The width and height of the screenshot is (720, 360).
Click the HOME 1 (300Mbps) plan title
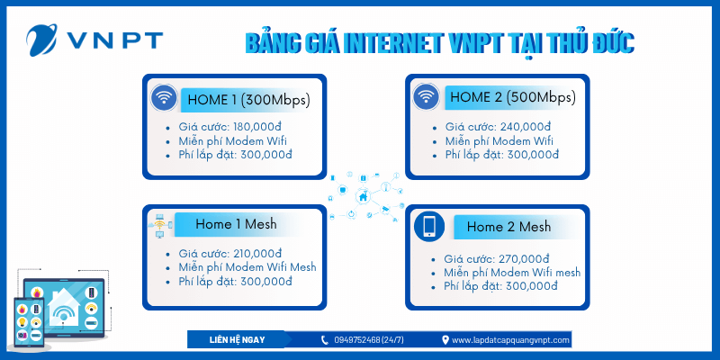coord(247,99)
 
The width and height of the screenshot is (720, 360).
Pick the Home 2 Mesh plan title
coord(508,227)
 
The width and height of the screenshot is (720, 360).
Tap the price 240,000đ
coord(526,127)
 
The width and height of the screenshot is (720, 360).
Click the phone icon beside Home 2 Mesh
coord(428,227)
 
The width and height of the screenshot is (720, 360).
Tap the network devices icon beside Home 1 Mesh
coord(159,226)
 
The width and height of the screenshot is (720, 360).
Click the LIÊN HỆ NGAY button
coord(236,339)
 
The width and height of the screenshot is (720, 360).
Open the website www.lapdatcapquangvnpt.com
coord(511,340)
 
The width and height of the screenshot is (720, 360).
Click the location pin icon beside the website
coord(445,340)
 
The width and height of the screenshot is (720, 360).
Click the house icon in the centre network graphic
coord(363,197)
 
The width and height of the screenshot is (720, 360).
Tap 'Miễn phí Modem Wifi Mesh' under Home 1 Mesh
coord(247,267)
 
